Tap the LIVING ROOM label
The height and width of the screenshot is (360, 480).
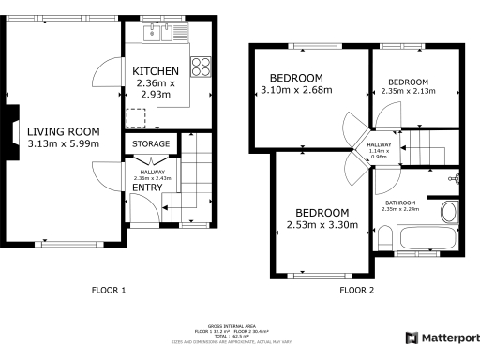(63, 131)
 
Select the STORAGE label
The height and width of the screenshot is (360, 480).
(151, 143)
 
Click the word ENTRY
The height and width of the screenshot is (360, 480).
(147, 187)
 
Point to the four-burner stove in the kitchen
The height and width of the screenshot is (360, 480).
(200, 67)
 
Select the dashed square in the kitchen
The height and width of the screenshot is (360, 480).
(138, 117)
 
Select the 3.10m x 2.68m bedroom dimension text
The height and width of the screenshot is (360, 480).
(297, 91)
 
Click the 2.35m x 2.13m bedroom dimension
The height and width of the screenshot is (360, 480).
(409, 91)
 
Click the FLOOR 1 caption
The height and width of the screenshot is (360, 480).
(110, 290)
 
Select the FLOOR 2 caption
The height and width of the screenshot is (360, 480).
(356, 290)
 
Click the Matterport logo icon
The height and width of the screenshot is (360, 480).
(411, 337)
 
